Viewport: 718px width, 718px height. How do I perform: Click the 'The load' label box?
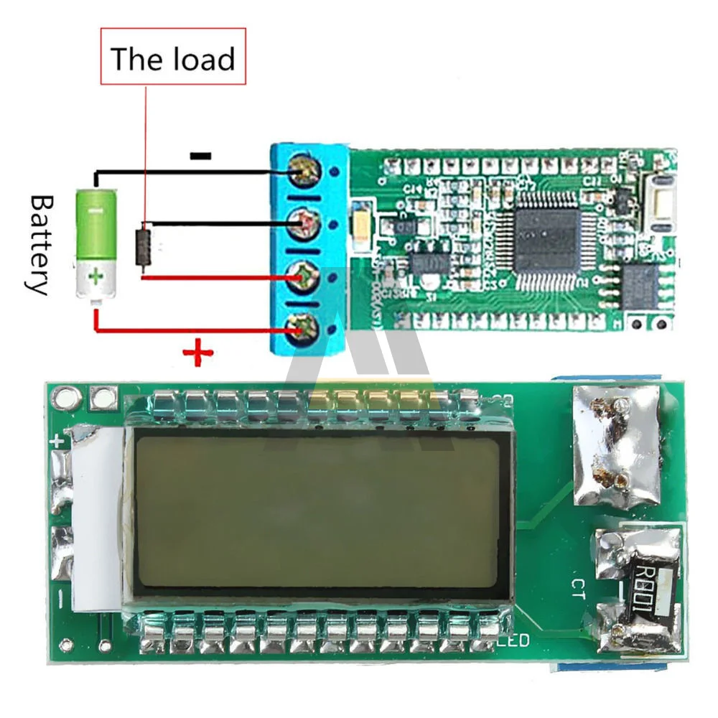tap(173, 57)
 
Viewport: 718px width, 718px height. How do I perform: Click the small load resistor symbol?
tap(144, 248)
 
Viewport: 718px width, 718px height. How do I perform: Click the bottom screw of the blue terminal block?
tap(301, 327)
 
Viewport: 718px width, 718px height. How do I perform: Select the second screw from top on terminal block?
tap(301, 225)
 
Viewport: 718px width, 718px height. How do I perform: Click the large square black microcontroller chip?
tap(546, 240)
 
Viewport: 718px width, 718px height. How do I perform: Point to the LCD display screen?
tap(317, 510)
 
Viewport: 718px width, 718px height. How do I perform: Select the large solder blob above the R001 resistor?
tap(617, 445)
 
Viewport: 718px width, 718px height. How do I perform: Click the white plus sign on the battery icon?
tap(94, 276)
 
